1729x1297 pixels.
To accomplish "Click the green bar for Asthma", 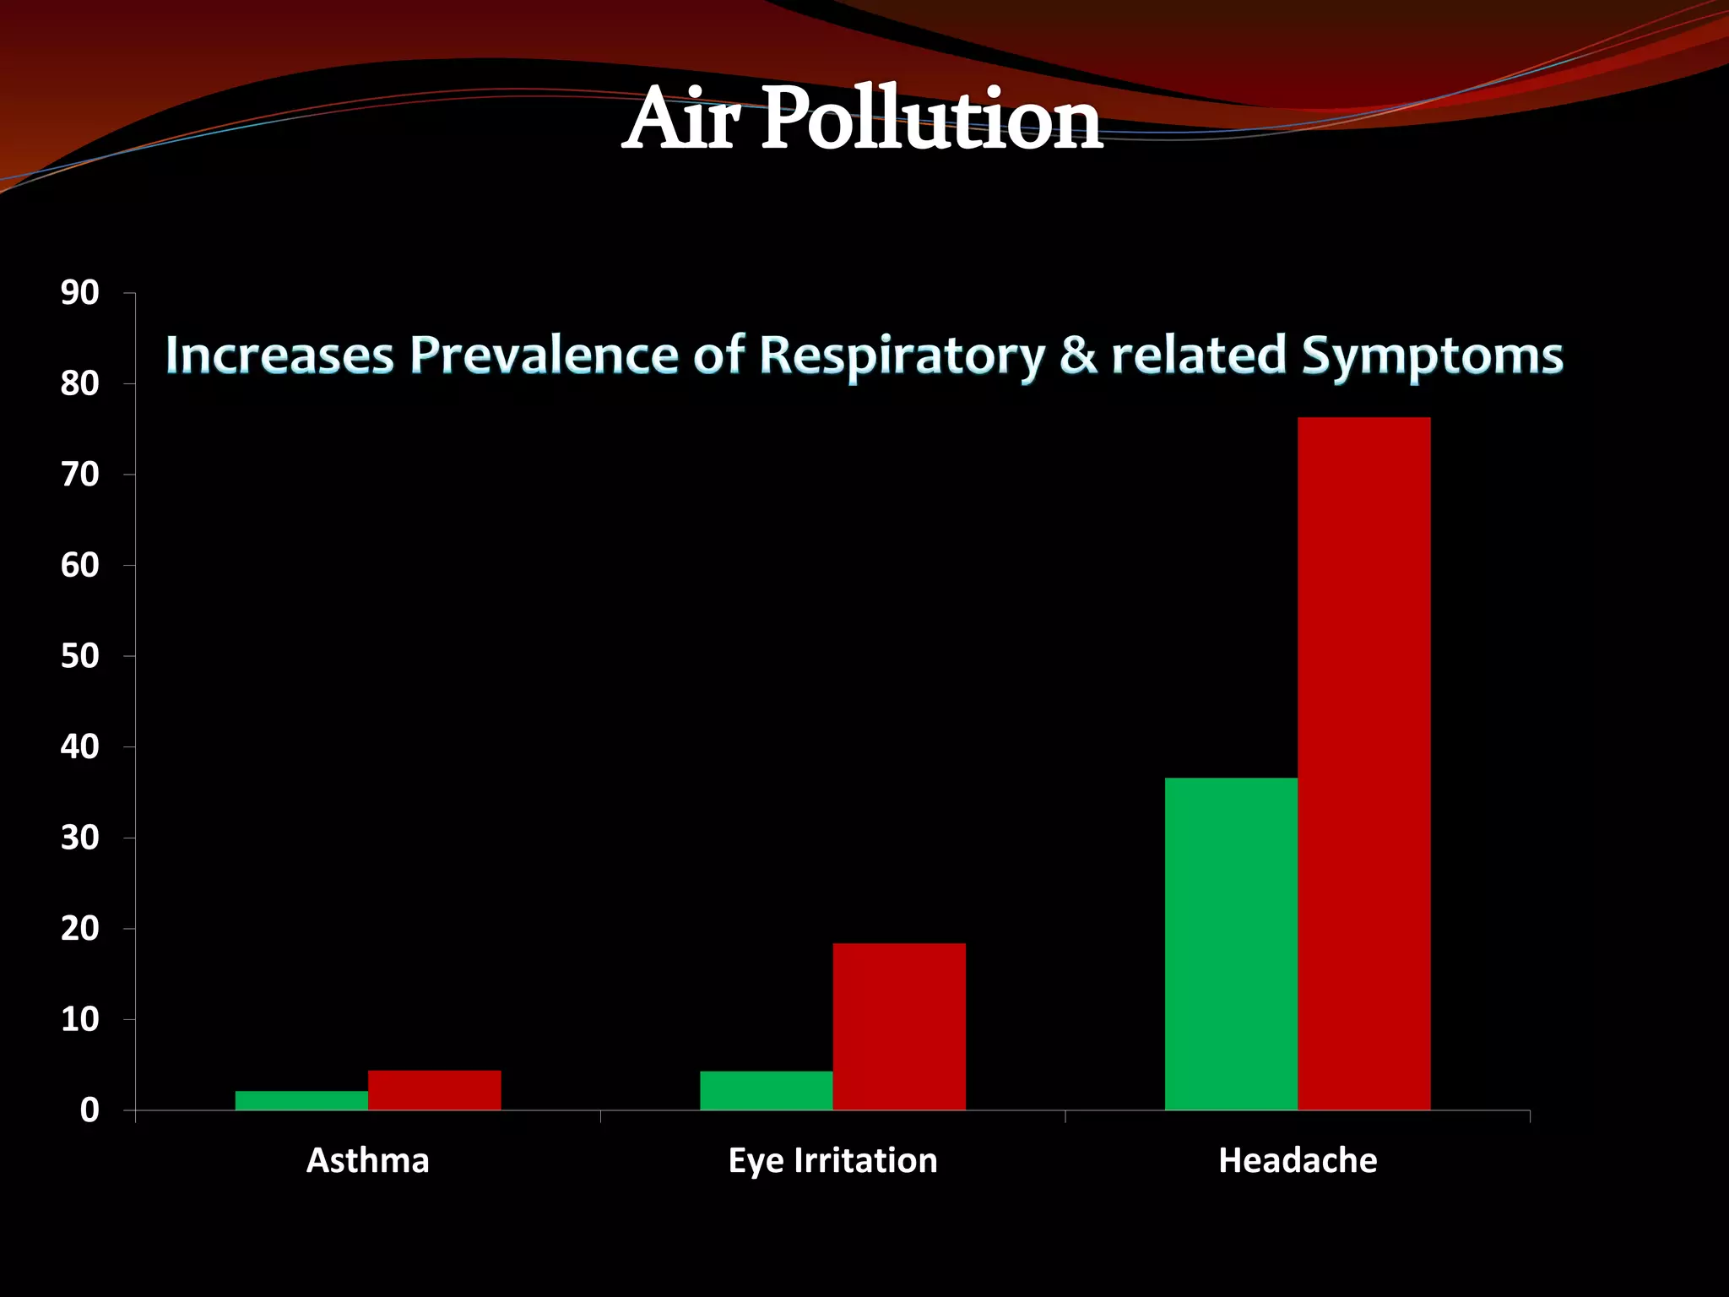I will (301, 1100).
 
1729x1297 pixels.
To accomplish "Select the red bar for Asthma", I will (434, 1090).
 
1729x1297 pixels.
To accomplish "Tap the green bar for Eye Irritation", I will (766, 1090).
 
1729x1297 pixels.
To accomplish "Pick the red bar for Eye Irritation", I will (899, 1026).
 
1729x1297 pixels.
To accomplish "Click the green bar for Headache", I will (1231, 943).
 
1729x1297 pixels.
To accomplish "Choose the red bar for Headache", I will (1363, 763).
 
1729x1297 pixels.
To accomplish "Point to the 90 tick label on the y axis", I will (79, 293).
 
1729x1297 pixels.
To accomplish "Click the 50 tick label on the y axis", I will (79, 656).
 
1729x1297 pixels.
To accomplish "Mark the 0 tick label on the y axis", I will (89, 1110).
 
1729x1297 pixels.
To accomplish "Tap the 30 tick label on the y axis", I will (79, 838).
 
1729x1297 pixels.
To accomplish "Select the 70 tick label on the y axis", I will (79, 475).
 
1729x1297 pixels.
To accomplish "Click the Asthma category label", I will (368, 1161).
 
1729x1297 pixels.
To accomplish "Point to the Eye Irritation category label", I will (832, 1161).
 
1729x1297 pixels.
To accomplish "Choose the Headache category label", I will (1298, 1161).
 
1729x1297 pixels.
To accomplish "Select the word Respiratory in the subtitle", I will (902, 355).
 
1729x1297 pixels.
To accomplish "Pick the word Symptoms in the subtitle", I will (1432, 355).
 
